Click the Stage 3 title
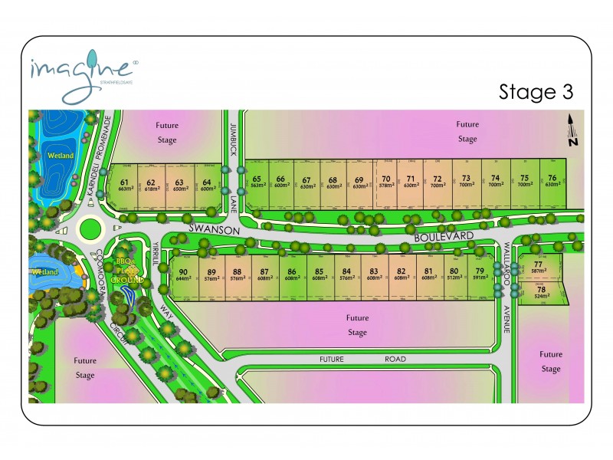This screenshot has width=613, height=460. click(536, 92)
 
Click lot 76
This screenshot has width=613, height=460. click(552, 181)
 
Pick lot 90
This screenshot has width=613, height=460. click(183, 274)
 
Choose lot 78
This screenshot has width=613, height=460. click(541, 292)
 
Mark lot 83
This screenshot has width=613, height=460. click(374, 274)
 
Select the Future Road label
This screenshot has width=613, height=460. click(363, 359)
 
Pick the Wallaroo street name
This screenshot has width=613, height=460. click(506, 261)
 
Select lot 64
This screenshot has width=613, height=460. click(206, 185)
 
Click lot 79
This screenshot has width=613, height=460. click(480, 274)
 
